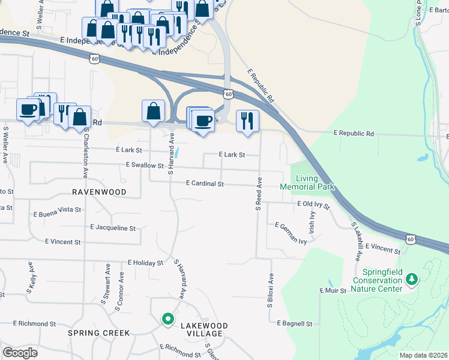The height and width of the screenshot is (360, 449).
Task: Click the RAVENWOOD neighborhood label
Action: pyautogui.click(x=99, y=192)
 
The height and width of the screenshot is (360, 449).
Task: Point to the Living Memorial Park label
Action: pyautogui.click(x=307, y=182)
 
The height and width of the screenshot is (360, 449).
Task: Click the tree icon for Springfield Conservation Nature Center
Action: pyautogui.click(x=412, y=279)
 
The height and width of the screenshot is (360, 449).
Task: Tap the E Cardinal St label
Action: pyautogui.click(x=205, y=184)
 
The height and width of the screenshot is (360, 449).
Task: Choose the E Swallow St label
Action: pyautogui.click(x=145, y=165)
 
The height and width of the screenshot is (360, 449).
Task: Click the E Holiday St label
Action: pyautogui.click(x=145, y=263)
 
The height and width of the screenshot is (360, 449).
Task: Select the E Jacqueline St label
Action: pyautogui.click(x=113, y=228)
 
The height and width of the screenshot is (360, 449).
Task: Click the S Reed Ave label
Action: pyautogui.click(x=259, y=193)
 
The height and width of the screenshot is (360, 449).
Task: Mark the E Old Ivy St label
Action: pyautogui.click(x=314, y=205)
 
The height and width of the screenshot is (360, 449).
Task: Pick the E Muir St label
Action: pyautogui.click(x=334, y=290)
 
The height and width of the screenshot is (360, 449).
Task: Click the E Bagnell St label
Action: pyautogui.click(x=295, y=323)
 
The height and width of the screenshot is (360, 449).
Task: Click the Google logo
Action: pyautogui.click(x=20, y=352)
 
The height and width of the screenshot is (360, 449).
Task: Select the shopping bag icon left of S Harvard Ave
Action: pyautogui.click(x=154, y=110)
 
